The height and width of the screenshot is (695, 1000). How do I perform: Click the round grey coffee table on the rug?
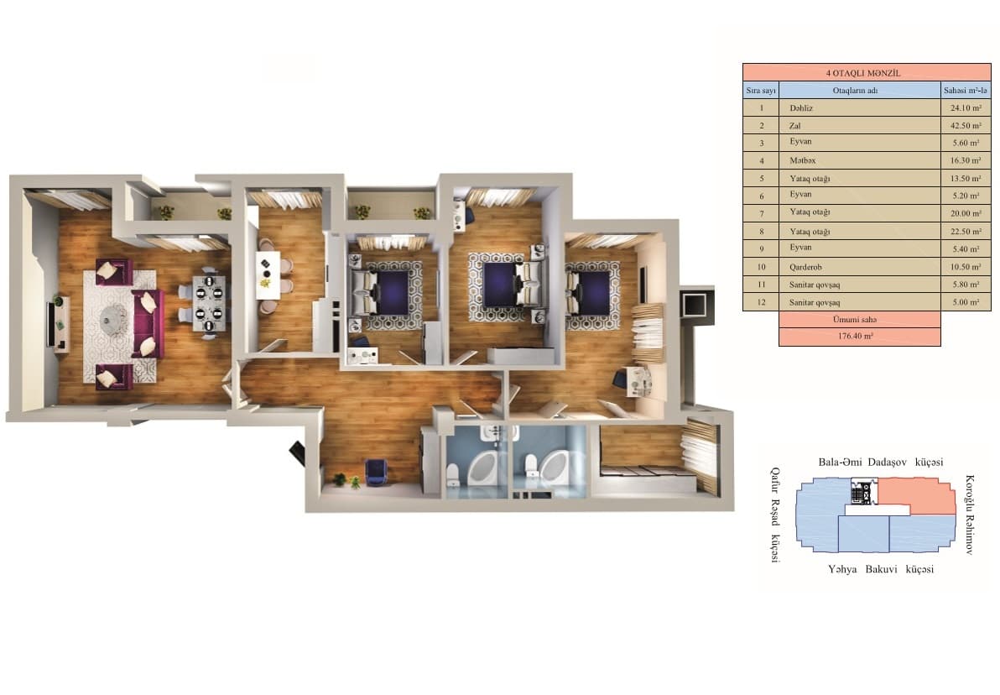coord(112,317)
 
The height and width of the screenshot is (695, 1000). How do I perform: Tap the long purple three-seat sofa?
coord(148,324)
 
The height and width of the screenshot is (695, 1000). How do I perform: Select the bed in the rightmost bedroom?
coord(592,290)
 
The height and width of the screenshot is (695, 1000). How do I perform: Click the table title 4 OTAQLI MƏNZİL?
coord(866,73)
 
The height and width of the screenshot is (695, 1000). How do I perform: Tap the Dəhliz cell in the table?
coord(801,107)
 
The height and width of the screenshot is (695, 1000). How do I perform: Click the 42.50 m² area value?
coord(966,126)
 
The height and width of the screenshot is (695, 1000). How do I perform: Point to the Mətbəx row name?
coord(801,160)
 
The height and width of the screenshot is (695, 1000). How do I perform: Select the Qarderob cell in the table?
coord(805,267)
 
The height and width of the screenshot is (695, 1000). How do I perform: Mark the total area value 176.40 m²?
coord(858,337)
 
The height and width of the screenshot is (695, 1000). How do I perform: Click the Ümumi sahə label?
coord(858,320)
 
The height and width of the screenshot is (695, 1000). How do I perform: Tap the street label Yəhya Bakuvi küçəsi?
coord(881,569)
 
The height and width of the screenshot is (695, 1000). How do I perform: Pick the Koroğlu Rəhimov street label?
coord(970,514)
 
